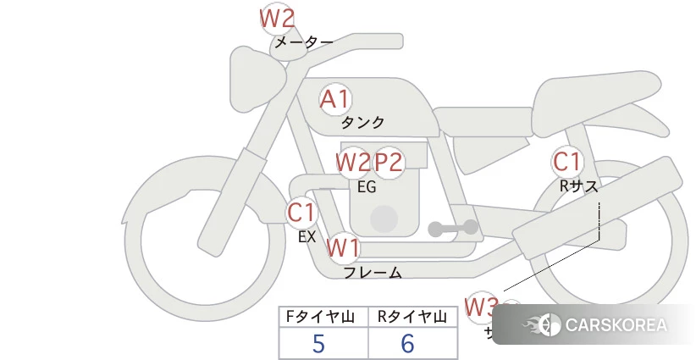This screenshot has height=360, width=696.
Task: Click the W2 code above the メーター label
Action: point(277,18)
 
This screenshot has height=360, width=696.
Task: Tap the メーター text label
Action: point(302,42)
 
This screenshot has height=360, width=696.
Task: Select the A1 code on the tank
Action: point(334,99)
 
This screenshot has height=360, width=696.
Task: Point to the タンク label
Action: point(362,123)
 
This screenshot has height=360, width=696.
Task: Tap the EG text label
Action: point(367,187)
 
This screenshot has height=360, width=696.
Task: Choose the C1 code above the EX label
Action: point(301,212)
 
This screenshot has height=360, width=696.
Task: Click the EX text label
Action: point(307,237)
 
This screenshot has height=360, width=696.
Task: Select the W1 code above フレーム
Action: point(344,248)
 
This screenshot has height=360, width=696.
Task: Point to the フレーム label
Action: point(373,273)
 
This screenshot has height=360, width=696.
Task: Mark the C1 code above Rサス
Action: point(566,161)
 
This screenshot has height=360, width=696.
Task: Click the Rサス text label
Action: point(578,186)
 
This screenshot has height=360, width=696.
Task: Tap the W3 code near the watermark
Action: point(481,306)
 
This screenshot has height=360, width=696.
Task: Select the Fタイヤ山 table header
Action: point(323,317)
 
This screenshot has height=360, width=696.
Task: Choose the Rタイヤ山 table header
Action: point(412,317)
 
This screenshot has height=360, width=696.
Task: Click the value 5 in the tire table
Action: point(318,343)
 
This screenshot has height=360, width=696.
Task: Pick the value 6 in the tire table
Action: point(407,343)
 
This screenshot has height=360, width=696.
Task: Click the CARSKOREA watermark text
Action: point(616,324)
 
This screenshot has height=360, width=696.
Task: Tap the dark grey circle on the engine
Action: point(384,218)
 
